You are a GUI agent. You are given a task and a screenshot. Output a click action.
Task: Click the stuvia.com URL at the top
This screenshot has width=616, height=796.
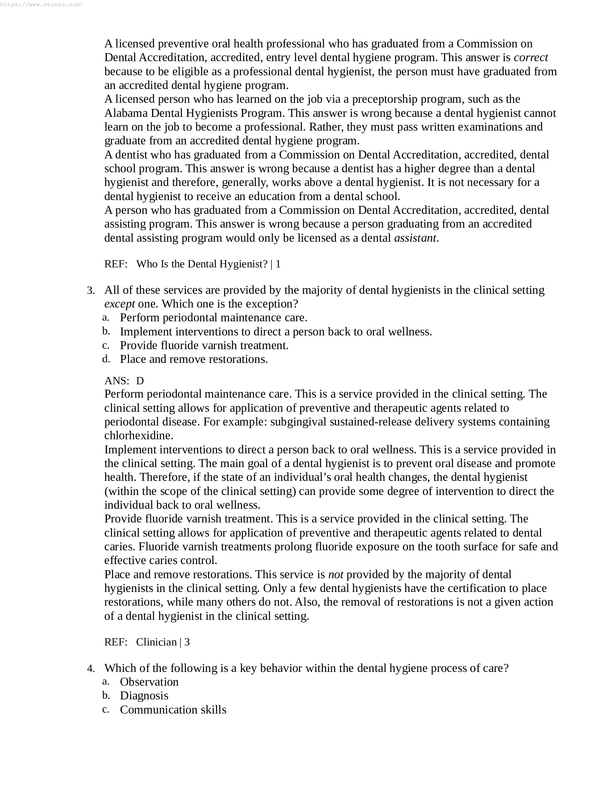click(42, 5)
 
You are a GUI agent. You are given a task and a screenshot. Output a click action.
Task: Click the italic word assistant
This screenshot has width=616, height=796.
click(415, 238)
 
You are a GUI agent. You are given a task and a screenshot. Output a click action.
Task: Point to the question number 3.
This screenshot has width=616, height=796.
click(91, 291)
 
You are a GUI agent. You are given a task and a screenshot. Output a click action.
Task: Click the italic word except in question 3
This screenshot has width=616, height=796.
click(119, 304)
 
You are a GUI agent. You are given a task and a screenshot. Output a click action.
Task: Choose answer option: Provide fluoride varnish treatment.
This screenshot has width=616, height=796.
click(204, 346)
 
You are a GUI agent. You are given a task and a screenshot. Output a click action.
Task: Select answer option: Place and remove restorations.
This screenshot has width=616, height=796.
click(194, 359)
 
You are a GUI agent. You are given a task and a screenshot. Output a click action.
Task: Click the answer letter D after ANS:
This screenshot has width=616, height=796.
click(140, 381)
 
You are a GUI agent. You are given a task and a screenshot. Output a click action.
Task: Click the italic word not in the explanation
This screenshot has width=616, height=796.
click(336, 575)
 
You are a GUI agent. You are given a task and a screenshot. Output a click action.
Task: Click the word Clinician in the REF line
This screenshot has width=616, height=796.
click(156, 642)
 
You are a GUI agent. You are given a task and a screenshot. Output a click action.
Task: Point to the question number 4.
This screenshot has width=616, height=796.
click(91, 668)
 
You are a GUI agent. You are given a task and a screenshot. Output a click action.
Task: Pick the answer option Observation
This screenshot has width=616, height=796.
click(149, 682)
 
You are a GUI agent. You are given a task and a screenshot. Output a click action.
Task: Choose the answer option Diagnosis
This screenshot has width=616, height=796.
click(144, 696)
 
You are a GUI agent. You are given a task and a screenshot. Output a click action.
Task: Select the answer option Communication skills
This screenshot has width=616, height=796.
click(173, 710)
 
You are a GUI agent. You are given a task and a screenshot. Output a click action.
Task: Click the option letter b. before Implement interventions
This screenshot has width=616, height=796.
click(106, 331)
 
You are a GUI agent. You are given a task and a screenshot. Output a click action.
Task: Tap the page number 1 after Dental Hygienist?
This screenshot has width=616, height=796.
click(278, 264)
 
